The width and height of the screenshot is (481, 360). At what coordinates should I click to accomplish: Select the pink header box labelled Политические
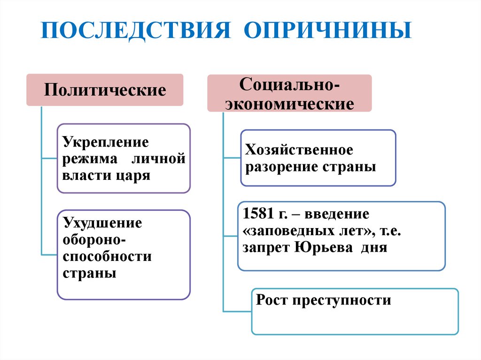[105, 90]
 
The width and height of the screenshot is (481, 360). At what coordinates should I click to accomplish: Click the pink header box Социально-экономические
[289, 93]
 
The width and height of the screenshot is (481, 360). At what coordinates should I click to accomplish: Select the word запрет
[266, 247]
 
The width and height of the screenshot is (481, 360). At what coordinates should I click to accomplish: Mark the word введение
[337, 214]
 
